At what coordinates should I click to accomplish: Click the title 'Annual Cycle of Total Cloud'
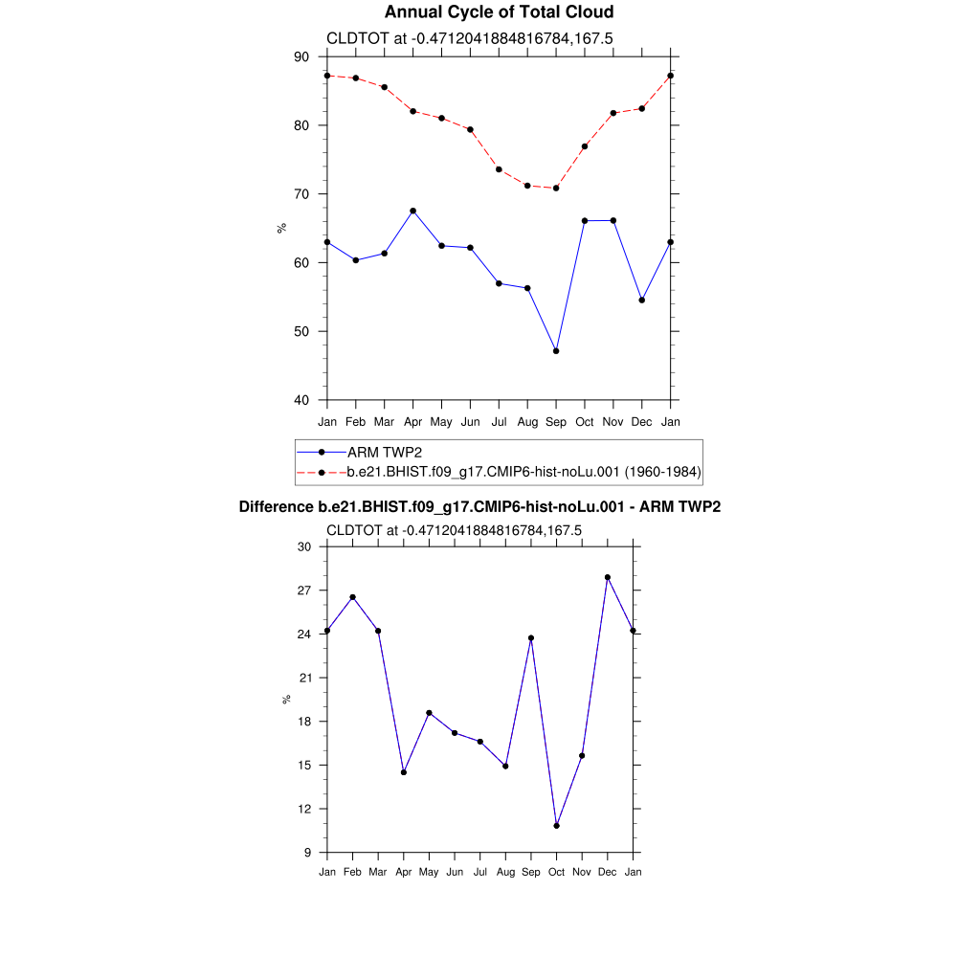(x=499, y=12)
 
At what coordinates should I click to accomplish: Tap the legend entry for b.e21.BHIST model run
(x=524, y=472)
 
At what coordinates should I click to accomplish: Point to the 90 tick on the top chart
(x=301, y=57)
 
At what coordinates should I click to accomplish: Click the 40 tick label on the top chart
(x=301, y=400)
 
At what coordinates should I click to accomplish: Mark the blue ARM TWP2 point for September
(x=556, y=351)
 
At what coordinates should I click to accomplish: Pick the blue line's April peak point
(x=412, y=211)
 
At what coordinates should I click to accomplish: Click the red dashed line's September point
(x=556, y=189)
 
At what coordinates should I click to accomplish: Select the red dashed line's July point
(x=499, y=169)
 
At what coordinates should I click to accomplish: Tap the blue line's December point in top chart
(x=642, y=301)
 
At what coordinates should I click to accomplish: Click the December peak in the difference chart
(x=607, y=577)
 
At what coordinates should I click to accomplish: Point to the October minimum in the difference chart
(x=556, y=826)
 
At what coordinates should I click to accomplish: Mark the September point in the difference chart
(x=531, y=638)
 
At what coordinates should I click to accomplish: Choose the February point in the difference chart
(x=352, y=597)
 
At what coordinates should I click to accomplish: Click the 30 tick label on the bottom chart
(x=304, y=547)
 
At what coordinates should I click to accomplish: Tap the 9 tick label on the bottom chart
(x=307, y=853)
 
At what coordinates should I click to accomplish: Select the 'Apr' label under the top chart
(x=412, y=422)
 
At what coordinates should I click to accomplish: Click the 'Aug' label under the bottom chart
(x=505, y=872)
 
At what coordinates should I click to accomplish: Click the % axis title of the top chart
(x=281, y=228)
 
